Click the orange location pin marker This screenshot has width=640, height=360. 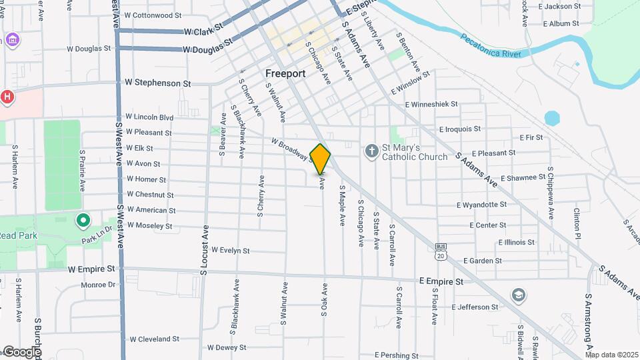pos(321,159)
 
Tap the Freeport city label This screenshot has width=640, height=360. pos(285,73)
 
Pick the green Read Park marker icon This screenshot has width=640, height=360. pos(83,219)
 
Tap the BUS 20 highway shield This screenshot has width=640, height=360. pos(440,251)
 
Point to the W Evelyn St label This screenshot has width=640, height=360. pos(230,251)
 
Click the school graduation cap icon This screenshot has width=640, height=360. pos(518,295)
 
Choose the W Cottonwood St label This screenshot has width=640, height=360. pos(153,15)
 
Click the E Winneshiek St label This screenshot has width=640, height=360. pos(431,104)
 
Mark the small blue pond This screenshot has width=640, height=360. pos(552,119)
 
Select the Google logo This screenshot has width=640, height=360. pos(21,352)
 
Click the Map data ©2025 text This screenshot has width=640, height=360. pos(611,355)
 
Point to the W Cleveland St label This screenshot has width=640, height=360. pos(154,339)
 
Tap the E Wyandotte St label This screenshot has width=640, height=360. pos(481,205)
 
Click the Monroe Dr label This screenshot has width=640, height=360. pos(98,285)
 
